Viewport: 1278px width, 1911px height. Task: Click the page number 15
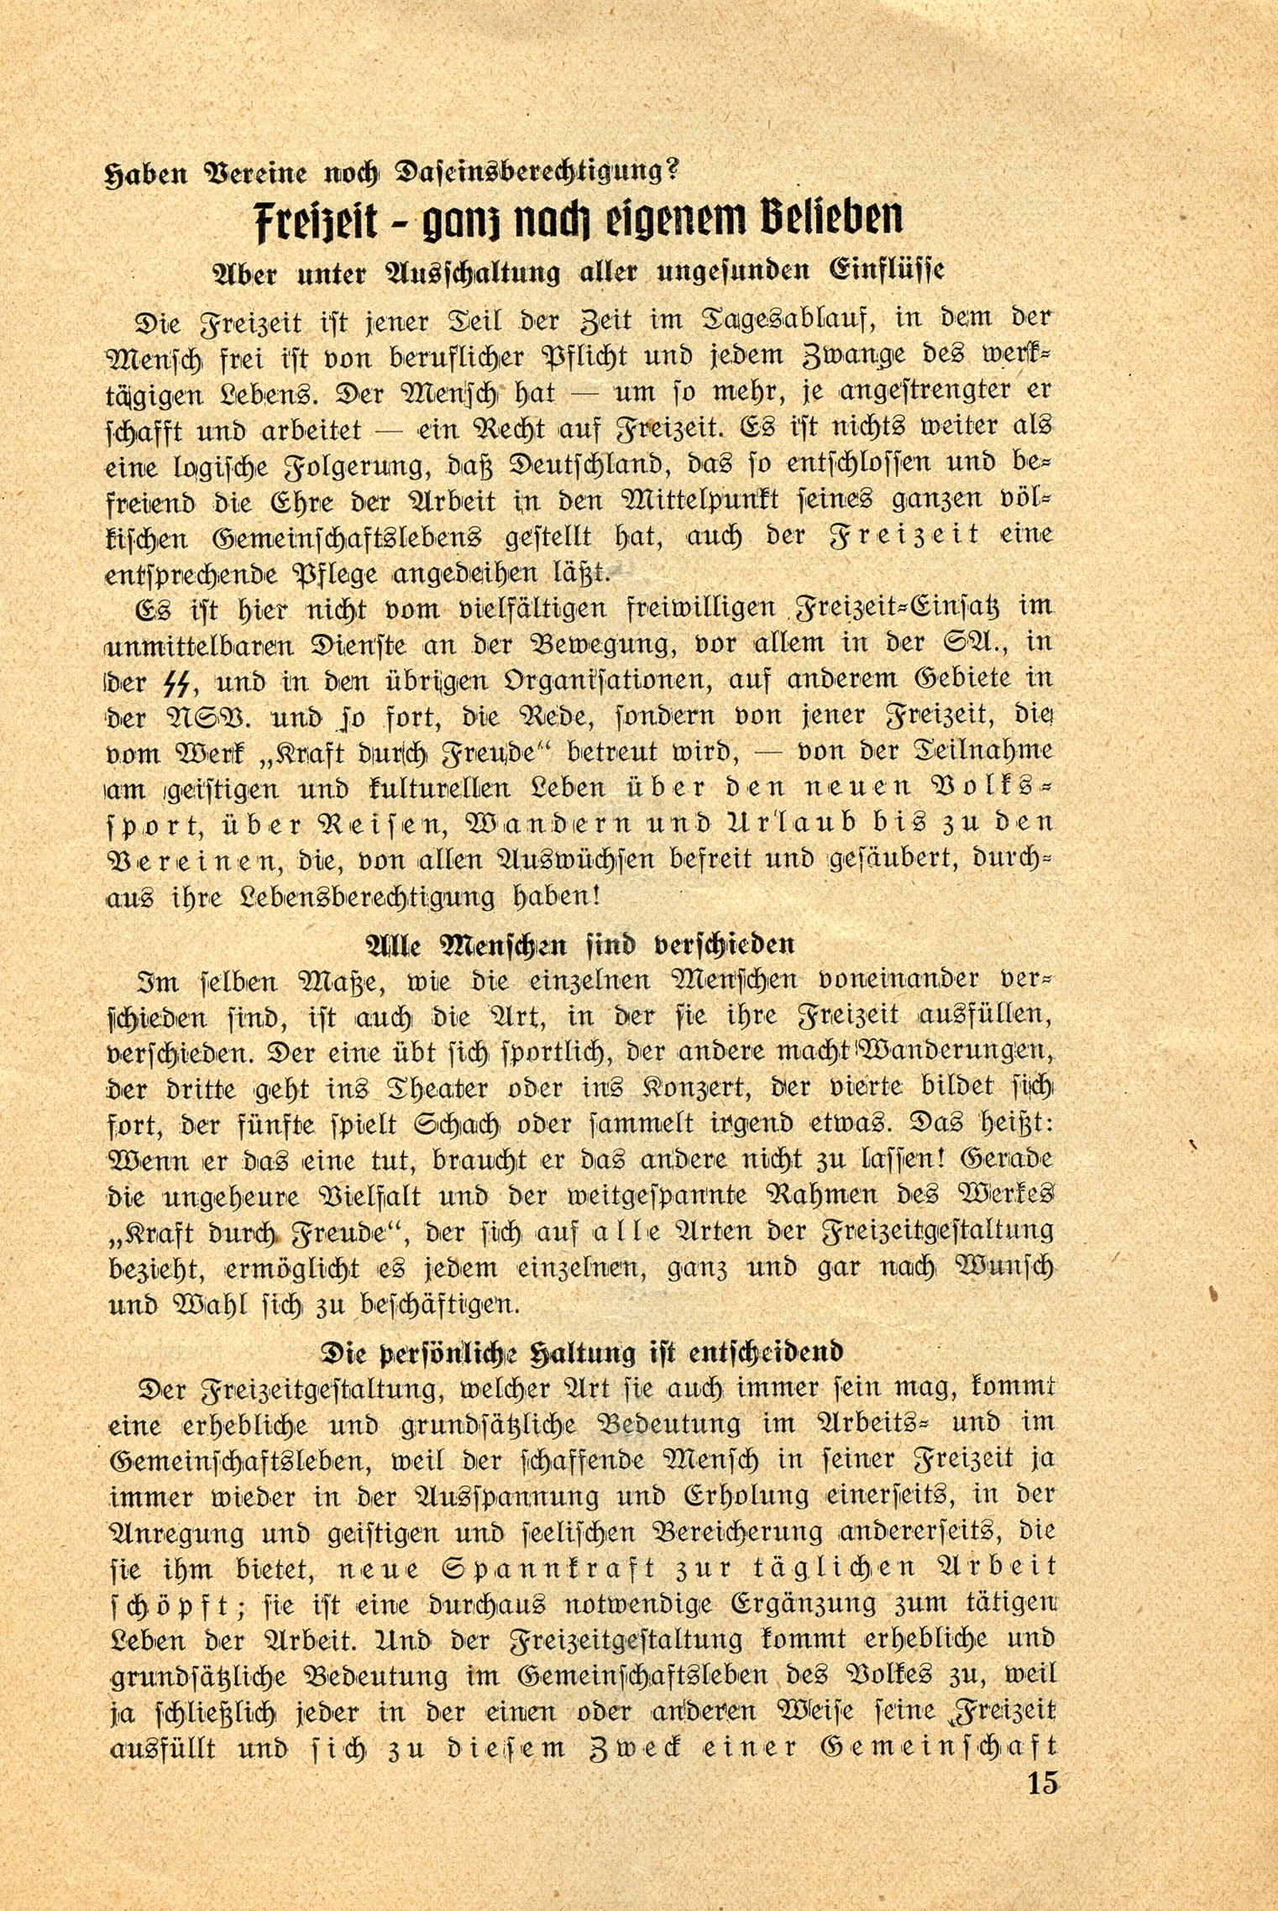pyautogui.click(x=1042, y=1783)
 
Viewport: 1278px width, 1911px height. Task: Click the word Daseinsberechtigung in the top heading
pyautogui.click(x=521, y=173)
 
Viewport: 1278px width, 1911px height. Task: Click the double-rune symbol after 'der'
pyautogui.click(x=183, y=680)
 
